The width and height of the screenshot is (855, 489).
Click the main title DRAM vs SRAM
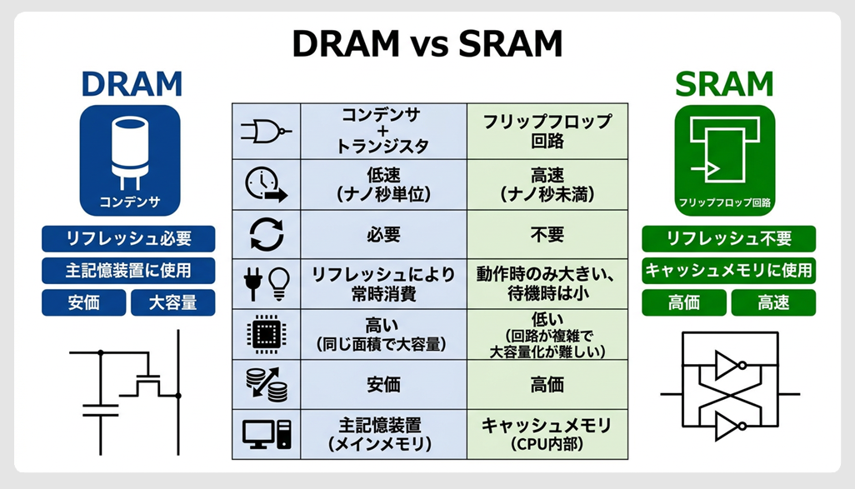(427, 44)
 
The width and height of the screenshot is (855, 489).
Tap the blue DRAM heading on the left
(131, 84)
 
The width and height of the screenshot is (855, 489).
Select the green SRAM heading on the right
(723, 84)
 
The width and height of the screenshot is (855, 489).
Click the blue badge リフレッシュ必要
(128, 238)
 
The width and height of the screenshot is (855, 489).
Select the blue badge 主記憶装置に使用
(128, 271)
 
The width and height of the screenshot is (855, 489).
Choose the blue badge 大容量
(172, 303)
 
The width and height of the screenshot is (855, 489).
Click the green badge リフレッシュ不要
(728, 238)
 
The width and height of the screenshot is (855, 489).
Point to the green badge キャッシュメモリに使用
(728, 271)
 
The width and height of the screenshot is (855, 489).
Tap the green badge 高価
(683, 303)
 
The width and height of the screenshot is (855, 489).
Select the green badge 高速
(773, 303)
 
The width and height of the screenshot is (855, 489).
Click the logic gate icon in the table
(266, 132)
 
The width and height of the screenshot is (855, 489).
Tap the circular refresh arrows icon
(266, 234)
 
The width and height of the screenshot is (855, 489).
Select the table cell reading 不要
(547, 234)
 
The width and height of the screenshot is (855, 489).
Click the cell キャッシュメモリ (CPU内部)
(547, 434)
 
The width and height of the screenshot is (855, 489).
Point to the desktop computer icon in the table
(266, 434)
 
